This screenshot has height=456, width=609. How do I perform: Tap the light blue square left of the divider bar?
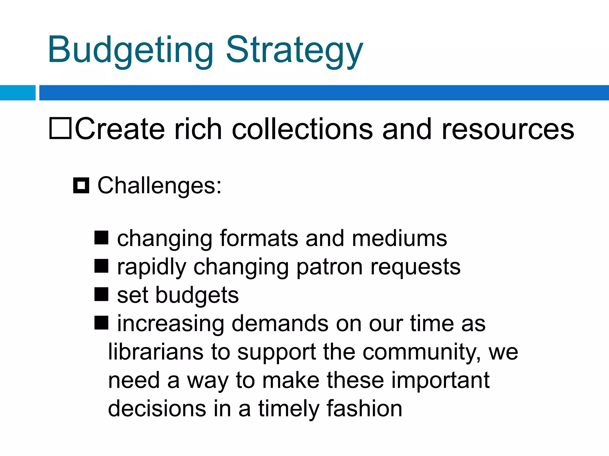point(18,93)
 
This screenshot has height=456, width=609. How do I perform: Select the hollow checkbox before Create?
point(60,128)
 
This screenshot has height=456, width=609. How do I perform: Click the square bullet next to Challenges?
point(81,186)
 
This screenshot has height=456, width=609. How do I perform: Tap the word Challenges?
point(159,186)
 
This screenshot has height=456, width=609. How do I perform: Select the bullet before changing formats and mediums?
point(101,238)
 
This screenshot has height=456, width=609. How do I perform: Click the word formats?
point(259,238)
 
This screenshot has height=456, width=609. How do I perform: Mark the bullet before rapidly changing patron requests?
point(101,266)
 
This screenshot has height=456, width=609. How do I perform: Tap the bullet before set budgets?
point(101,294)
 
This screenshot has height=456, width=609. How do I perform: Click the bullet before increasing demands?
point(101,323)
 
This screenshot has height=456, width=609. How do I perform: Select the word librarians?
point(156,352)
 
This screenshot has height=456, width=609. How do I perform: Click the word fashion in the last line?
point(364,408)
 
